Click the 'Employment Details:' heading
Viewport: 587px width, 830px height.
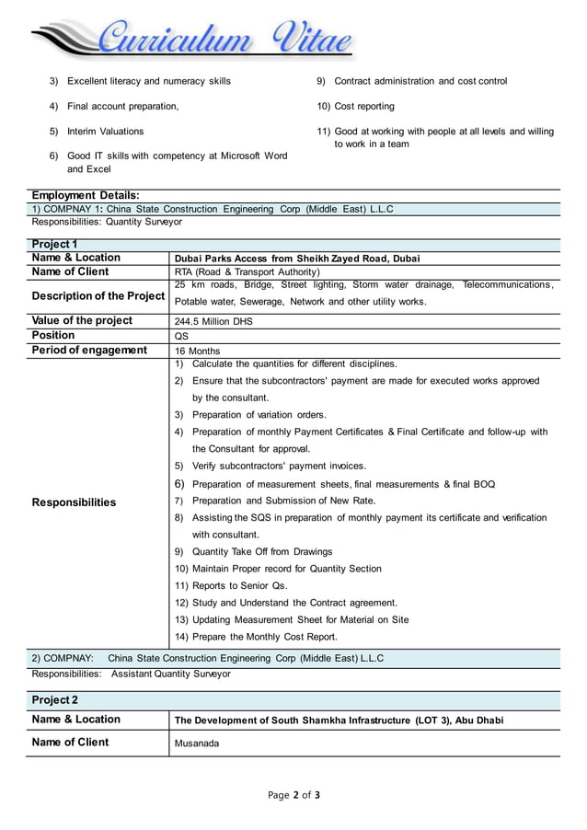(x=86, y=195)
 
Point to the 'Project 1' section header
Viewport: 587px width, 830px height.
(x=54, y=244)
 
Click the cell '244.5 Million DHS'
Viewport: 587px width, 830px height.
(x=213, y=322)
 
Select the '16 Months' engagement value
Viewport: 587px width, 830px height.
(x=198, y=351)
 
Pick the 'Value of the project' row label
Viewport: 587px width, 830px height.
(x=82, y=321)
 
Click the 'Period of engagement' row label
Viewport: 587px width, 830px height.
(x=89, y=350)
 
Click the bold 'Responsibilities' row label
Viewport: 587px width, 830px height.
(x=74, y=502)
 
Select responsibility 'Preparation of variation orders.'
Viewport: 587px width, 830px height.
(x=259, y=415)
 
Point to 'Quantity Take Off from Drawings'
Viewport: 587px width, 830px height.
(x=262, y=551)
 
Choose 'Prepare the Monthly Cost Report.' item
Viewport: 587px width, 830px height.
(x=264, y=637)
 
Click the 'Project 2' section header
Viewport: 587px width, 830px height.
(x=55, y=700)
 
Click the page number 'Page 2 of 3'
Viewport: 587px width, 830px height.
(x=293, y=795)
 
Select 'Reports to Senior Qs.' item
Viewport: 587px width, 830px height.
(x=240, y=585)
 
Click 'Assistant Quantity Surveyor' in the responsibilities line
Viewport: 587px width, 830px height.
(x=171, y=674)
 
